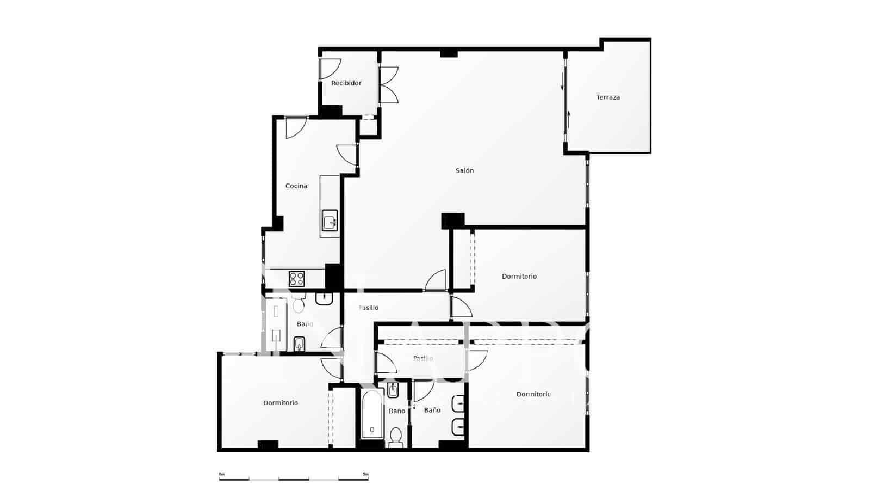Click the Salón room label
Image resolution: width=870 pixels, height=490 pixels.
point(464,170)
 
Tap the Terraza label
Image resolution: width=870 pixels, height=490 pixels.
point(608,97)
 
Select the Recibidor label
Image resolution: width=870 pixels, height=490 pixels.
point(346,83)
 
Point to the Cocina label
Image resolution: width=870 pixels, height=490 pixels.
point(296,186)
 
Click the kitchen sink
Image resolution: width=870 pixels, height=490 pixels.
point(330,220)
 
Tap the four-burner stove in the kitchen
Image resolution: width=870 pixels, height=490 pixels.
point(297,279)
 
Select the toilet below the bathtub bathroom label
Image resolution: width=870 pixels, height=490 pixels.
point(396,436)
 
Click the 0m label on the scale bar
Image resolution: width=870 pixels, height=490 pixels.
point(221,474)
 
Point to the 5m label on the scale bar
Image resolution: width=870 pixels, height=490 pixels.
point(365,474)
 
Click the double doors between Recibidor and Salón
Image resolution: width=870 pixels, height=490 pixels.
point(388,85)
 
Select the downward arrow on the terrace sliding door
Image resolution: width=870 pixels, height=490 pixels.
point(562,82)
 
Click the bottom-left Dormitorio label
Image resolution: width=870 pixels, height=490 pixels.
point(281,403)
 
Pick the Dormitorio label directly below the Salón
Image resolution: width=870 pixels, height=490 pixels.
point(519,276)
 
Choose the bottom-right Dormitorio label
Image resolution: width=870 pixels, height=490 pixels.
point(533,394)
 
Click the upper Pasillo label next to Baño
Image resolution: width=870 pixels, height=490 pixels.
point(369,308)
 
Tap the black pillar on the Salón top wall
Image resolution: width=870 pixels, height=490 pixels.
point(449,53)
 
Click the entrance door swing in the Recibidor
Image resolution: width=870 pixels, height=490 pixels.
point(330,68)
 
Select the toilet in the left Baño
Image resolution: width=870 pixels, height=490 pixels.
point(298,305)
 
